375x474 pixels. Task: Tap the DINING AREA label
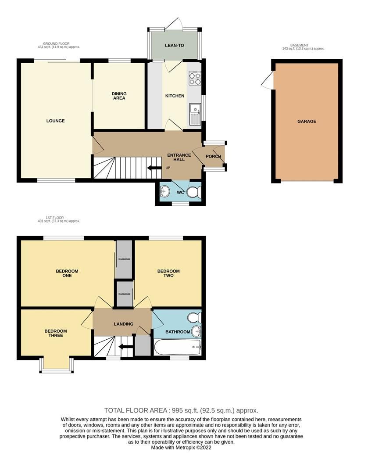coord(119,96)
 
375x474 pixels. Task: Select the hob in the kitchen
coord(194,78)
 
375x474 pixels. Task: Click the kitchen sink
coord(194,112)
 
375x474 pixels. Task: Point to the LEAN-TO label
coord(174,45)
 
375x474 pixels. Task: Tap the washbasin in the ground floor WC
coord(165,191)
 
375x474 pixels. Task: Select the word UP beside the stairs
coord(168,168)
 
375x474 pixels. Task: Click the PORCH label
coord(213,156)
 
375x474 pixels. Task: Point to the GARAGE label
coord(307,122)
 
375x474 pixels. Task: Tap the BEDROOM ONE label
coord(67,273)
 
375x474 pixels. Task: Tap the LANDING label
coord(123,324)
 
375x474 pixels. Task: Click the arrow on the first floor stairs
coord(127,348)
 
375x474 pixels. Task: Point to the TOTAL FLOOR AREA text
coord(181,410)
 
